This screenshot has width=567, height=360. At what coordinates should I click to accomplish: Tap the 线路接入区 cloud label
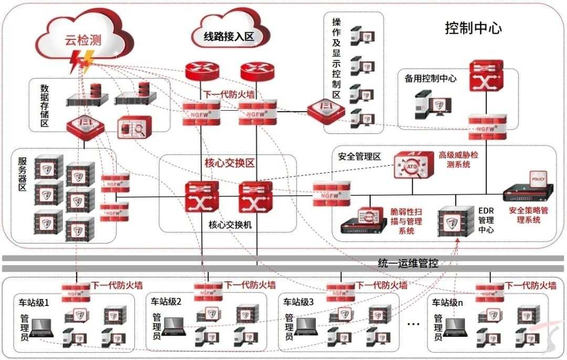[x=229, y=36]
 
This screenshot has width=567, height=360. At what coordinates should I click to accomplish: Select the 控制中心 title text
[x=473, y=28]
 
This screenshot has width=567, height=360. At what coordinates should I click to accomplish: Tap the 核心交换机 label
[x=230, y=225]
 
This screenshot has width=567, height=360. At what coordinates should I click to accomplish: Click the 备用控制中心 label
[x=430, y=79]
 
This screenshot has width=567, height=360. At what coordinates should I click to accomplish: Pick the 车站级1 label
[x=34, y=302]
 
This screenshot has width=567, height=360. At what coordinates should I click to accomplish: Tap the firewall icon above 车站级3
[x=340, y=290]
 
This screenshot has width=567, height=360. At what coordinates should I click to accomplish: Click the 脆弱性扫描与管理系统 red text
[x=406, y=221]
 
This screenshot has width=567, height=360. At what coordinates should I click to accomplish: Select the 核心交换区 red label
[x=229, y=163]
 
